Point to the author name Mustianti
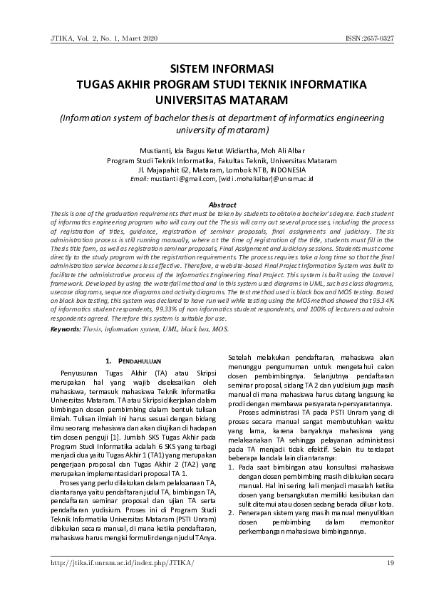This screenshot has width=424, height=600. [x=159, y=151]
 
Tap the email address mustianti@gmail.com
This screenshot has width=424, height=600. [x=189, y=180]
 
